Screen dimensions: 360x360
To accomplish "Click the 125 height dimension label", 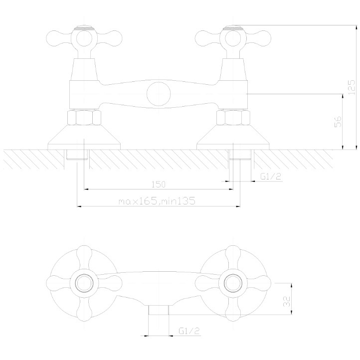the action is click(x=352, y=87).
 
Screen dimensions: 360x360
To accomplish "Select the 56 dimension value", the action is click(x=338, y=122).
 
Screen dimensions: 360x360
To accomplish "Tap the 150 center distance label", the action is click(x=159, y=184).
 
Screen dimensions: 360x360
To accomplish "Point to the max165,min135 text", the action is click(x=157, y=201).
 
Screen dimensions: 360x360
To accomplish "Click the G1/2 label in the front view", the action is click(x=271, y=177).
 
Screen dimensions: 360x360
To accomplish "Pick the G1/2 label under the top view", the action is click(x=189, y=331).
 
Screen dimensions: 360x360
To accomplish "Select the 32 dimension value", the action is click(x=287, y=302).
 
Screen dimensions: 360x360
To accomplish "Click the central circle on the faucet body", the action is click(x=159, y=94).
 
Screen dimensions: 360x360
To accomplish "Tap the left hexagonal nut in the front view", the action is click(x=84, y=118).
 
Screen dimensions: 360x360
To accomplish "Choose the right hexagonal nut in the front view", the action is click(x=233, y=118).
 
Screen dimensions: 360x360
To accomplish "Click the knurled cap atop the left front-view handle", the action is click(x=84, y=28).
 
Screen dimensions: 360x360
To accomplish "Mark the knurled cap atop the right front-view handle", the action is click(x=233, y=28).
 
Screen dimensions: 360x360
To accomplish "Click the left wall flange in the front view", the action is click(x=84, y=137).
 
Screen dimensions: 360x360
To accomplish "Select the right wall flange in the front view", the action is click(x=233, y=137).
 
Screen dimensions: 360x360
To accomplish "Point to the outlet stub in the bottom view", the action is click(x=159, y=310).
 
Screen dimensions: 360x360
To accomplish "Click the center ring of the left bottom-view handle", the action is click(x=84, y=283).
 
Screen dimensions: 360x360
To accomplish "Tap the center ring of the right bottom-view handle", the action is click(x=233, y=283).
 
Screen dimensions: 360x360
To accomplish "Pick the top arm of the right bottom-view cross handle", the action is click(x=233, y=257).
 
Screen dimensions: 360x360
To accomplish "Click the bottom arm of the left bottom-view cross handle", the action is click(x=84, y=309).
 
